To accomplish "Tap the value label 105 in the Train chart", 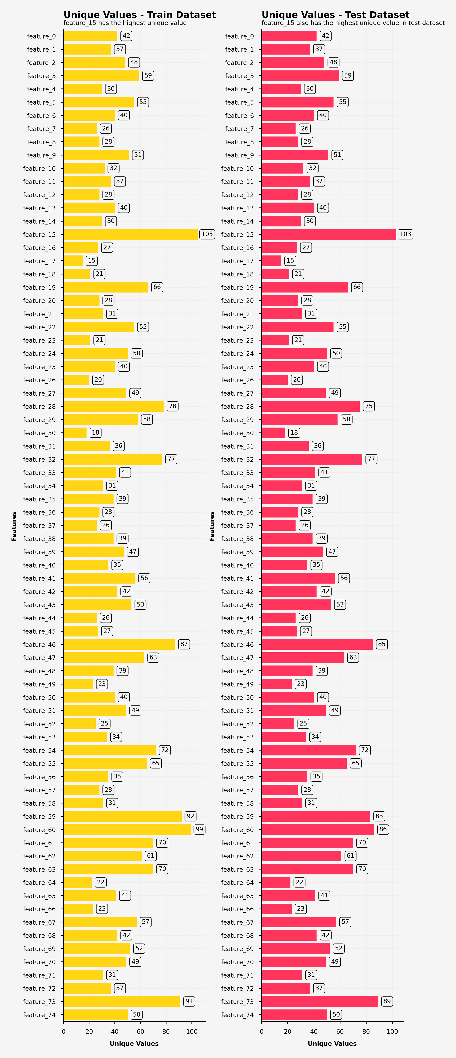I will (207, 234).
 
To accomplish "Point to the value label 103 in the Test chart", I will (405, 234).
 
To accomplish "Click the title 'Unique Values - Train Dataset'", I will (140, 15).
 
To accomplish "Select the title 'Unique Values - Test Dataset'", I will (335, 15).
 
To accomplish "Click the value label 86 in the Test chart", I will (383, 829).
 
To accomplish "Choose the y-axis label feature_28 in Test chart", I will (237, 406).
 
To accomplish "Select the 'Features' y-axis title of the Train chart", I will (14, 526).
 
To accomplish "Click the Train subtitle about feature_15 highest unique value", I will (125, 23).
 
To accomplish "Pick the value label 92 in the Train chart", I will (190, 816).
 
